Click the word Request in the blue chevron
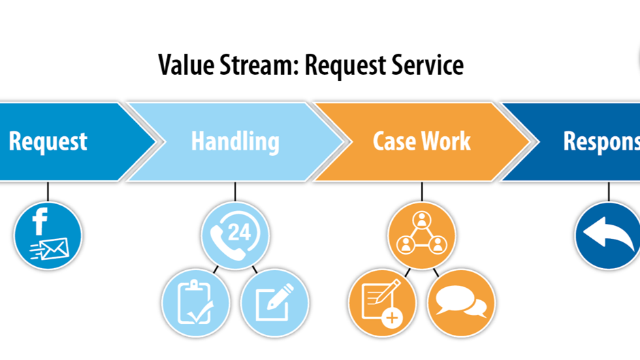[x=48, y=142]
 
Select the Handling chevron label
[x=235, y=142]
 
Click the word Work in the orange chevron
[x=446, y=142]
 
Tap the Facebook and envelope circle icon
[x=48, y=235]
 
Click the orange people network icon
[x=421, y=235]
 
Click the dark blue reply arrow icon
[x=607, y=235]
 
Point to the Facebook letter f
[x=40, y=222]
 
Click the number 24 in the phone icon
[x=239, y=233]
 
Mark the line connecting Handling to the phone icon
[x=235, y=191]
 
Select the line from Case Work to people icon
[x=421, y=191]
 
